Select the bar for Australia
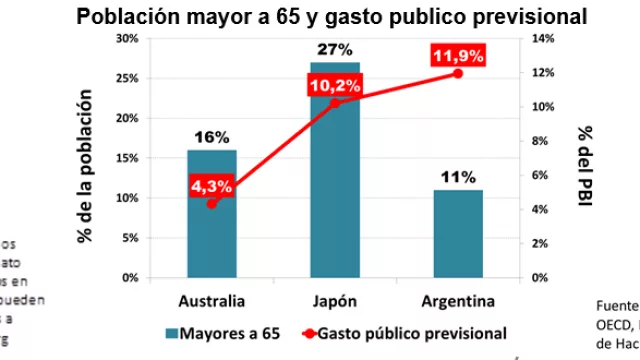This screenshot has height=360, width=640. click(x=211, y=214)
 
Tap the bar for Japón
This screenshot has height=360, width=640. click(x=335, y=170)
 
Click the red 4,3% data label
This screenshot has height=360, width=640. click(x=211, y=185)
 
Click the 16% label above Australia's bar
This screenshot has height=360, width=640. click(x=211, y=138)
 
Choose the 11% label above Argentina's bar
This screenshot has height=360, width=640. click(x=459, y=178)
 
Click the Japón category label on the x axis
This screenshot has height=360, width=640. click(x=335, y=301)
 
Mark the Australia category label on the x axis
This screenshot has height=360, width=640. click(x=211, y=301)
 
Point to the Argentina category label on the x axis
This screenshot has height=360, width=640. click(x=459, y=301)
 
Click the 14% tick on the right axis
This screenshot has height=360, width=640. click(x=539, y=38)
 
